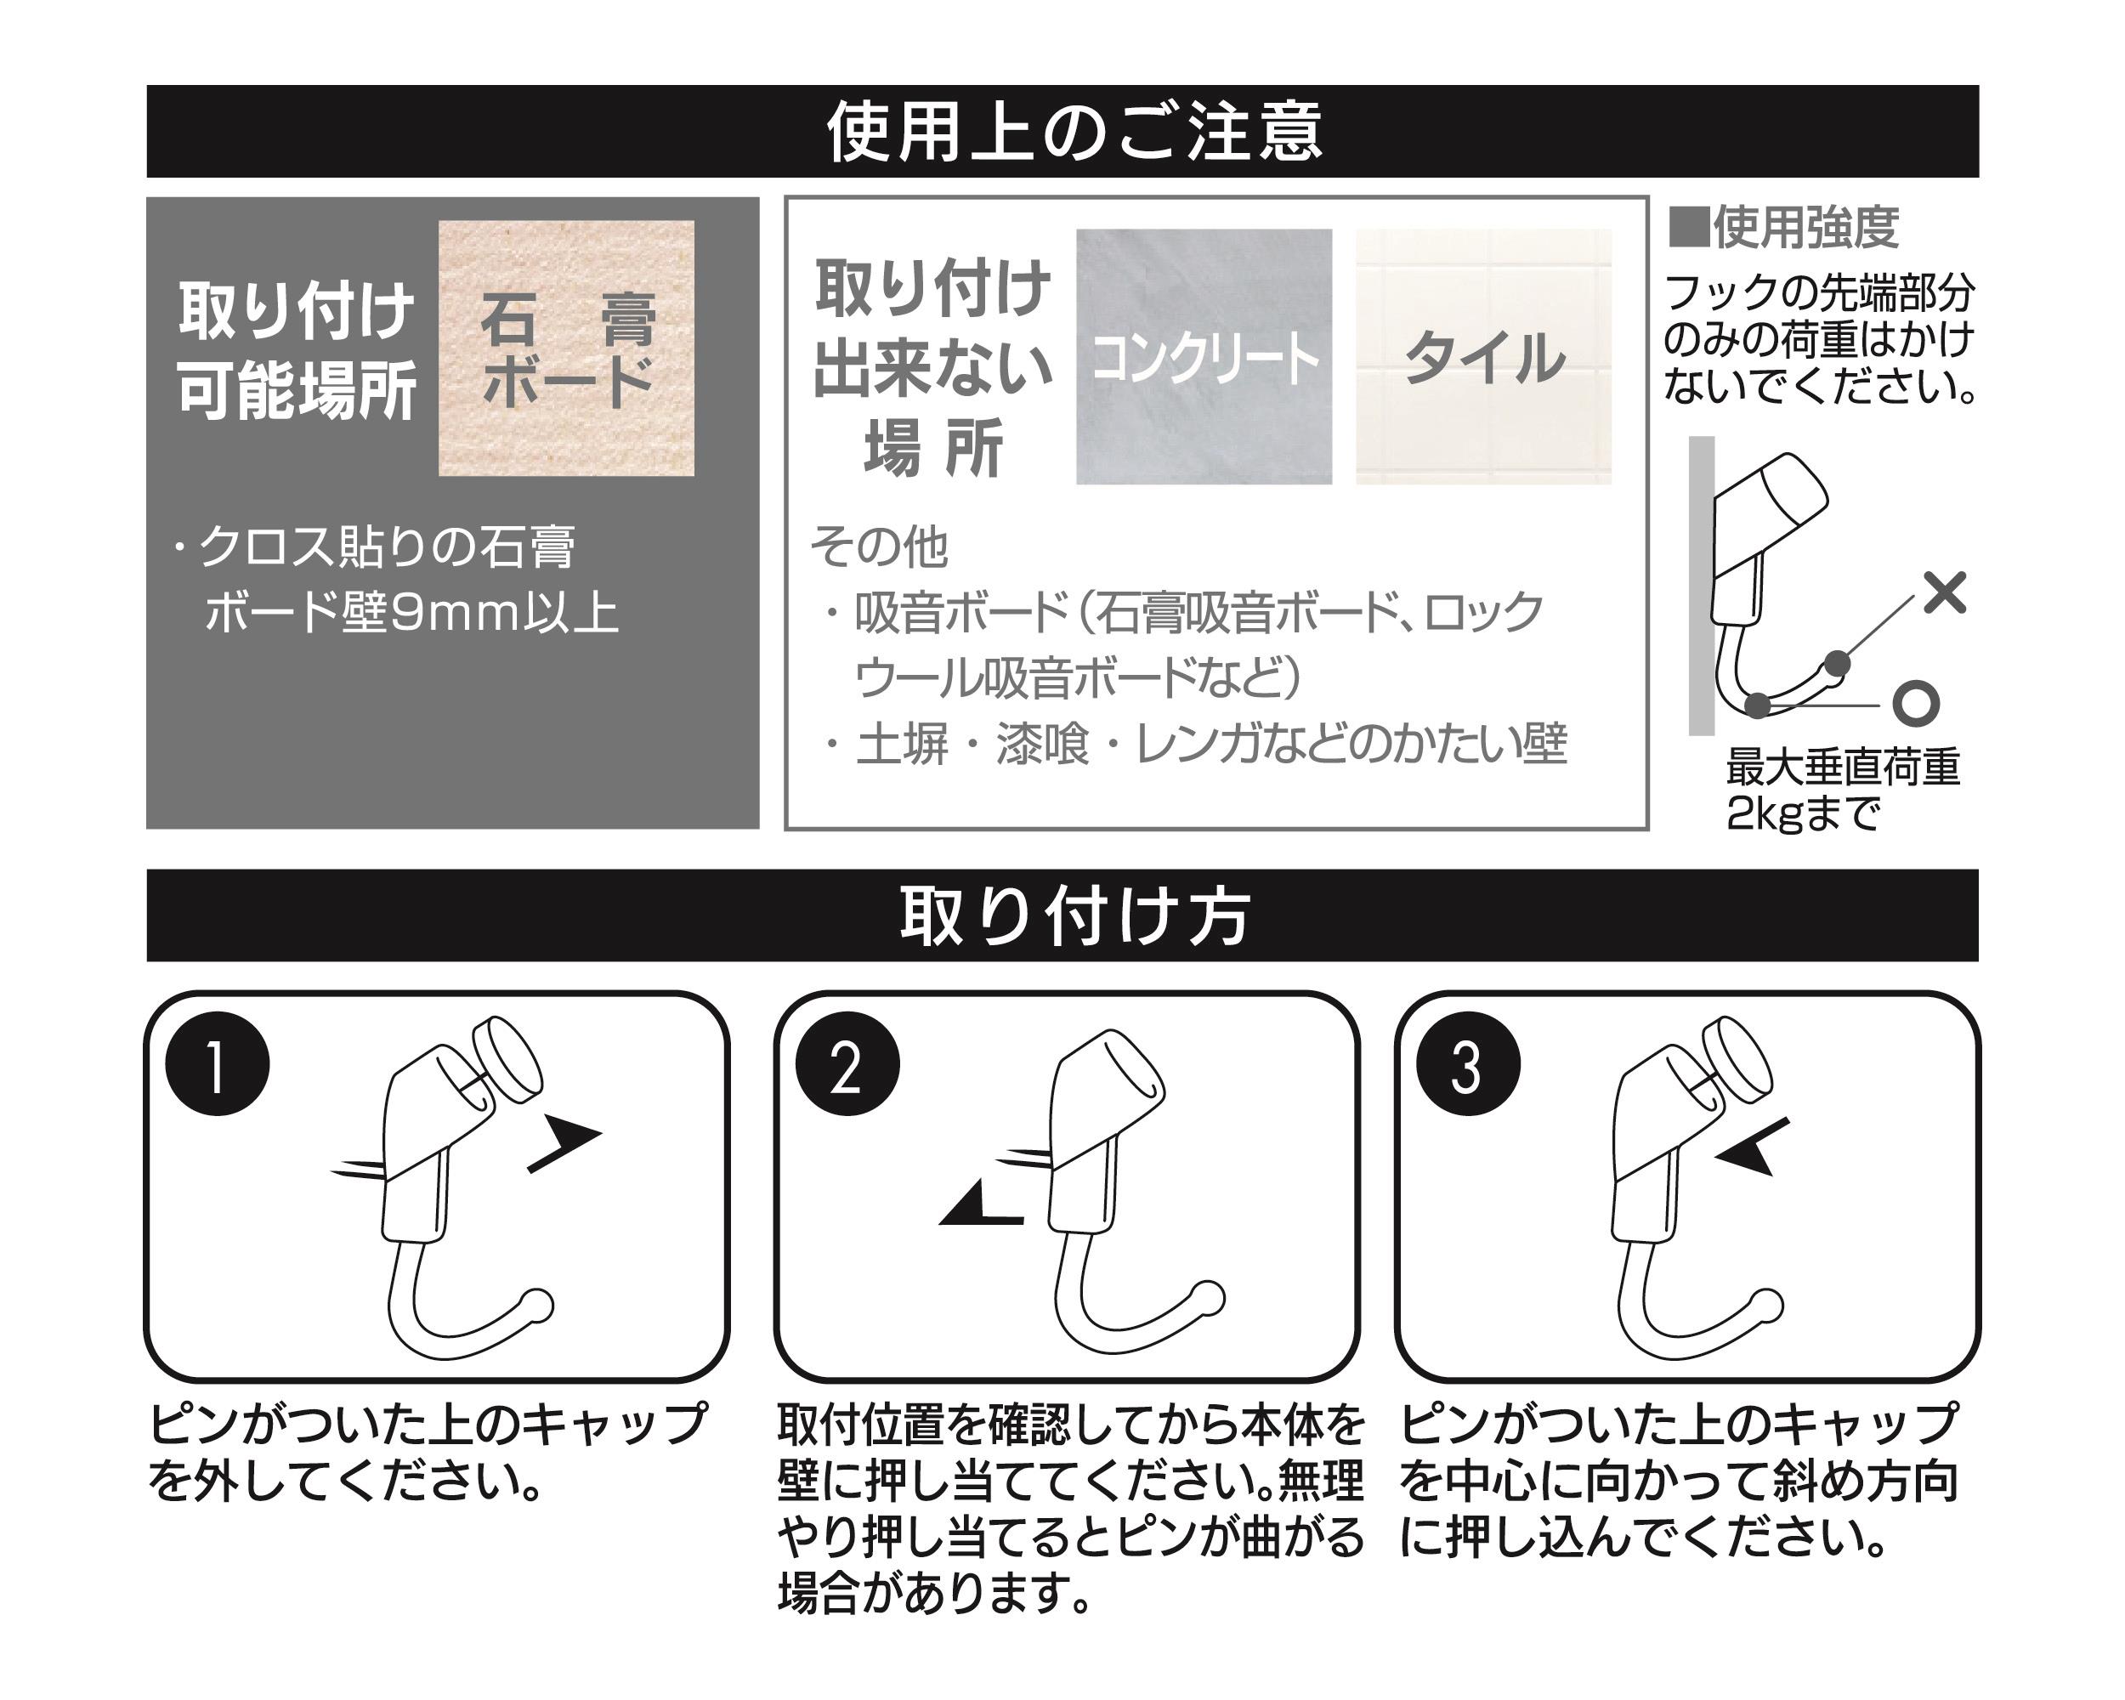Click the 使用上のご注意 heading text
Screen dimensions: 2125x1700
pos(1074,132)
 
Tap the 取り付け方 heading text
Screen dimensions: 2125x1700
pos(1074,915)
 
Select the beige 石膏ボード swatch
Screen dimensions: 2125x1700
pos(566,348)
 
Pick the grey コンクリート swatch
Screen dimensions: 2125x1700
pos(1204,357)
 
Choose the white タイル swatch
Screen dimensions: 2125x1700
pos(1483,357)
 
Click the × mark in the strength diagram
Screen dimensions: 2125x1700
pos(1945,592)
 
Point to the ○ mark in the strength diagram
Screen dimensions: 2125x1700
pos(1916,704)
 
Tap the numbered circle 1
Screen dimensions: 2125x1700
pos(218,1064)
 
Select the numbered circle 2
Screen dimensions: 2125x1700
pos(847,1064)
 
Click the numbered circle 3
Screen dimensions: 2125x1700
pos(1468,1064)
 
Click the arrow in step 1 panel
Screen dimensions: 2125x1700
pos(564,1144)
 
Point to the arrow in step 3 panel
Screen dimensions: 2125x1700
pos(1752,1147)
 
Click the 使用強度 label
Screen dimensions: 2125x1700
pos(1784,228)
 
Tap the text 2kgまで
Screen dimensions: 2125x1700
pos(1803,814)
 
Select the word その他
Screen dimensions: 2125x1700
pos(878,547)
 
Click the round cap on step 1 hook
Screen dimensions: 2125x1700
pos(507,1058)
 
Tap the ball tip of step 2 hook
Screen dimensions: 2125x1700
pos(1206,1297)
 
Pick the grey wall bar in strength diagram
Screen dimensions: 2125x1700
pos(1701,586)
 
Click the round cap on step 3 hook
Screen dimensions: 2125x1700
pos(1738,1058)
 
